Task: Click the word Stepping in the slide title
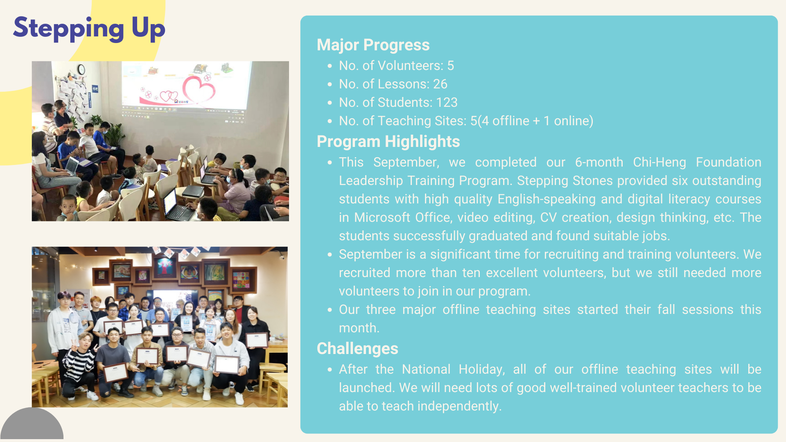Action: click(x=68, y=29)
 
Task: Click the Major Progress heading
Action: click(x=373, y=45)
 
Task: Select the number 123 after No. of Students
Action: click(x=447, y=102)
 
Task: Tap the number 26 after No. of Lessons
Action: click(x=440, y=84)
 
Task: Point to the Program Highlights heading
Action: click(x=388, y=142)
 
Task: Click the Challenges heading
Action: click(x=357, y=349)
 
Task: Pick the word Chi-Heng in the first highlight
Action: click(x=659, y=162)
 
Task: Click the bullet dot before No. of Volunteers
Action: click(x=330, y=66)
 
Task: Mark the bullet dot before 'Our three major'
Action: click(x=330, y=310)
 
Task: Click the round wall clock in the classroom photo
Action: click(x=81, y=70)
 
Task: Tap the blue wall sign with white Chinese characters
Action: click(x=95, y=89)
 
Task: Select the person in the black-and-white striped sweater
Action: click(x=80, y=366)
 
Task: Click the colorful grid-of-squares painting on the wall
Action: click(x=241, y=280)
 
